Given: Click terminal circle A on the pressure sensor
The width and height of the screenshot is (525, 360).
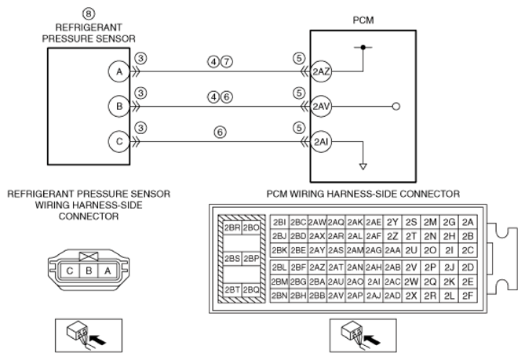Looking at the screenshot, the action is pos(118,71).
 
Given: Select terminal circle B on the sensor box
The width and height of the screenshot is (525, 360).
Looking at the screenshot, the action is pos(118,107).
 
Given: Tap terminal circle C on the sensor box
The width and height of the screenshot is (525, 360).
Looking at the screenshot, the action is pos(118,141).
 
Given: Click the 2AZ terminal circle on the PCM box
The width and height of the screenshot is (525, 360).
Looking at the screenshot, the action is pos(321,71).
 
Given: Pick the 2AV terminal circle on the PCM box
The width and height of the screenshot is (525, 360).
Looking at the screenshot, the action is pos(321,107).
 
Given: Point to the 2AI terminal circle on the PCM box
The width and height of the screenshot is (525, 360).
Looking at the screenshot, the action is pos(321,141).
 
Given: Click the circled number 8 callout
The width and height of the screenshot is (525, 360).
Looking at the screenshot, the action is pos(89,13).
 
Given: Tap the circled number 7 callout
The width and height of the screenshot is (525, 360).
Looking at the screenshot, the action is pos(227,62).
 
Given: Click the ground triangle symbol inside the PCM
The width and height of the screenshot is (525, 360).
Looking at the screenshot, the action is pos(363,166).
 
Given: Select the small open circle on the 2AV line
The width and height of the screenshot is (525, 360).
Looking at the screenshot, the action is pos(396,107).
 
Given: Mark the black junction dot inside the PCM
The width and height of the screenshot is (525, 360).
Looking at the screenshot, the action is pos(363,47).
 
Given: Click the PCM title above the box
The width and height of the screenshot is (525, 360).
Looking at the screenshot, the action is pos(363,20).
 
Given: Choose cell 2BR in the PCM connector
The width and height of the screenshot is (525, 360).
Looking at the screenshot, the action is pos(232,228).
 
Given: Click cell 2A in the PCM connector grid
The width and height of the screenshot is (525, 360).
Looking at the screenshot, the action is pos(468,222).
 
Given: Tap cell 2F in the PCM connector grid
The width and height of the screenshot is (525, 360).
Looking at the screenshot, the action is pos(468,296).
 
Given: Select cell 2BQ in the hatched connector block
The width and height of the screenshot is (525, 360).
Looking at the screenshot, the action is pos(251,289).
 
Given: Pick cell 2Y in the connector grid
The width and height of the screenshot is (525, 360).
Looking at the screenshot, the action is pos(392,222).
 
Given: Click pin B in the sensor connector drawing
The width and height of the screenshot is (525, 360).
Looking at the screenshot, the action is pos(89,271).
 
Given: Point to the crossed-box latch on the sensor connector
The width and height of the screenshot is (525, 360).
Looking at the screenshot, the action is pos(89,256).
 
